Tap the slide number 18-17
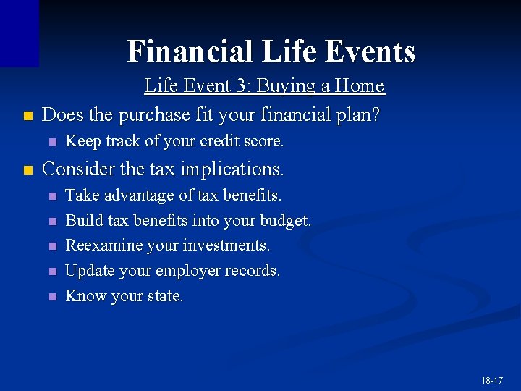coord(491,380)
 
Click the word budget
coord(288,221)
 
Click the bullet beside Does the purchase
coord(27,116)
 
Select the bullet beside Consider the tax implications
coord(27,170)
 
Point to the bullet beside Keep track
coord(51,142)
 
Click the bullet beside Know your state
coord(51,297)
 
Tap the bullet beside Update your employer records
coord(51,272)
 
